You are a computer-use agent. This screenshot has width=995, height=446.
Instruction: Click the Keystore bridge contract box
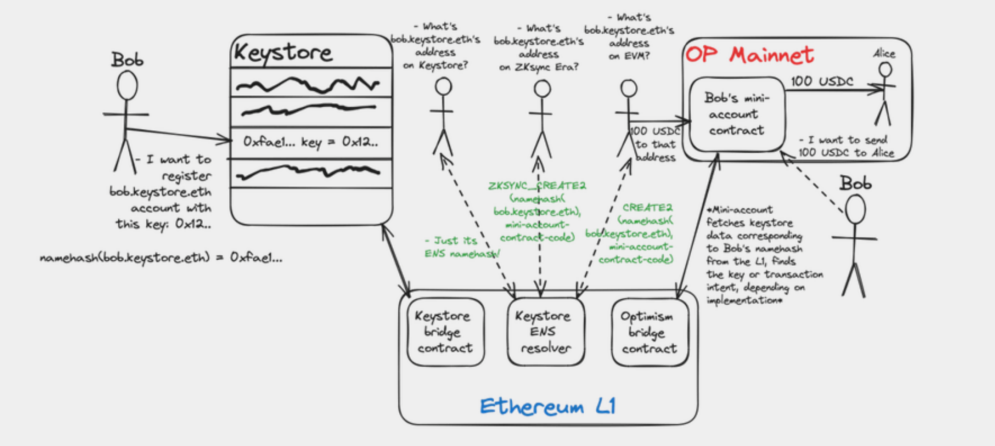tap(445, 332)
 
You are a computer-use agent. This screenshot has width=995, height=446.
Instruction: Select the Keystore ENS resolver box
tap(545, 332)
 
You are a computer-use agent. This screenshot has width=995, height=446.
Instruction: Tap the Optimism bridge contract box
tap(649, 332)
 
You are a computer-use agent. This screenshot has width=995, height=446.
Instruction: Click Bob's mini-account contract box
tap(736, 114)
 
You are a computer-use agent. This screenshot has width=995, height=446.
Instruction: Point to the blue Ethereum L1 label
tap(547, 407)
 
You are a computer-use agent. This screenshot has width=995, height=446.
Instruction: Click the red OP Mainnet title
tap(749, 55)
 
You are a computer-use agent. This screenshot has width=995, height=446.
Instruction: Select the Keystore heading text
tap(283, 52)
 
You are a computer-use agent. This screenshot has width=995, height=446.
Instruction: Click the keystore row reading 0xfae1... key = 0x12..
tap(311, 142)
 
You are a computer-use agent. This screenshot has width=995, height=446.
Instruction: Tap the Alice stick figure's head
tap(885, 69)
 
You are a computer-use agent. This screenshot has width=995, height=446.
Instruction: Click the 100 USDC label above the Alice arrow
tap(821, 81)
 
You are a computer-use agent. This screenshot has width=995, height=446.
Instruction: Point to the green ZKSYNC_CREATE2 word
tap(537, 186)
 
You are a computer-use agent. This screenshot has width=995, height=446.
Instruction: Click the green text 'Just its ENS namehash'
tap(461, 247)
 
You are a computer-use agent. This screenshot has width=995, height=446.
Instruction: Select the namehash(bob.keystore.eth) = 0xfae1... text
tap(161, 257)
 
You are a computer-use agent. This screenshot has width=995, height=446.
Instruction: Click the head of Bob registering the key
tap(127, 85)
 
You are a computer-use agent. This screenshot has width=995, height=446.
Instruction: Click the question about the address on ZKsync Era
tap(539, 47)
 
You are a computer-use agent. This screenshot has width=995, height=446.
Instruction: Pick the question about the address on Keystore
tap(436, 46)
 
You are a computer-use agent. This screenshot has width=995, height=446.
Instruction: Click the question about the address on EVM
tap(629, 37)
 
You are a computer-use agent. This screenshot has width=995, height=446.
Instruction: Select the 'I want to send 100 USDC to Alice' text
tap(846, 146)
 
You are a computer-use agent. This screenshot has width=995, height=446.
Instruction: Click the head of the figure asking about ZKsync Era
tap(542, 89)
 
